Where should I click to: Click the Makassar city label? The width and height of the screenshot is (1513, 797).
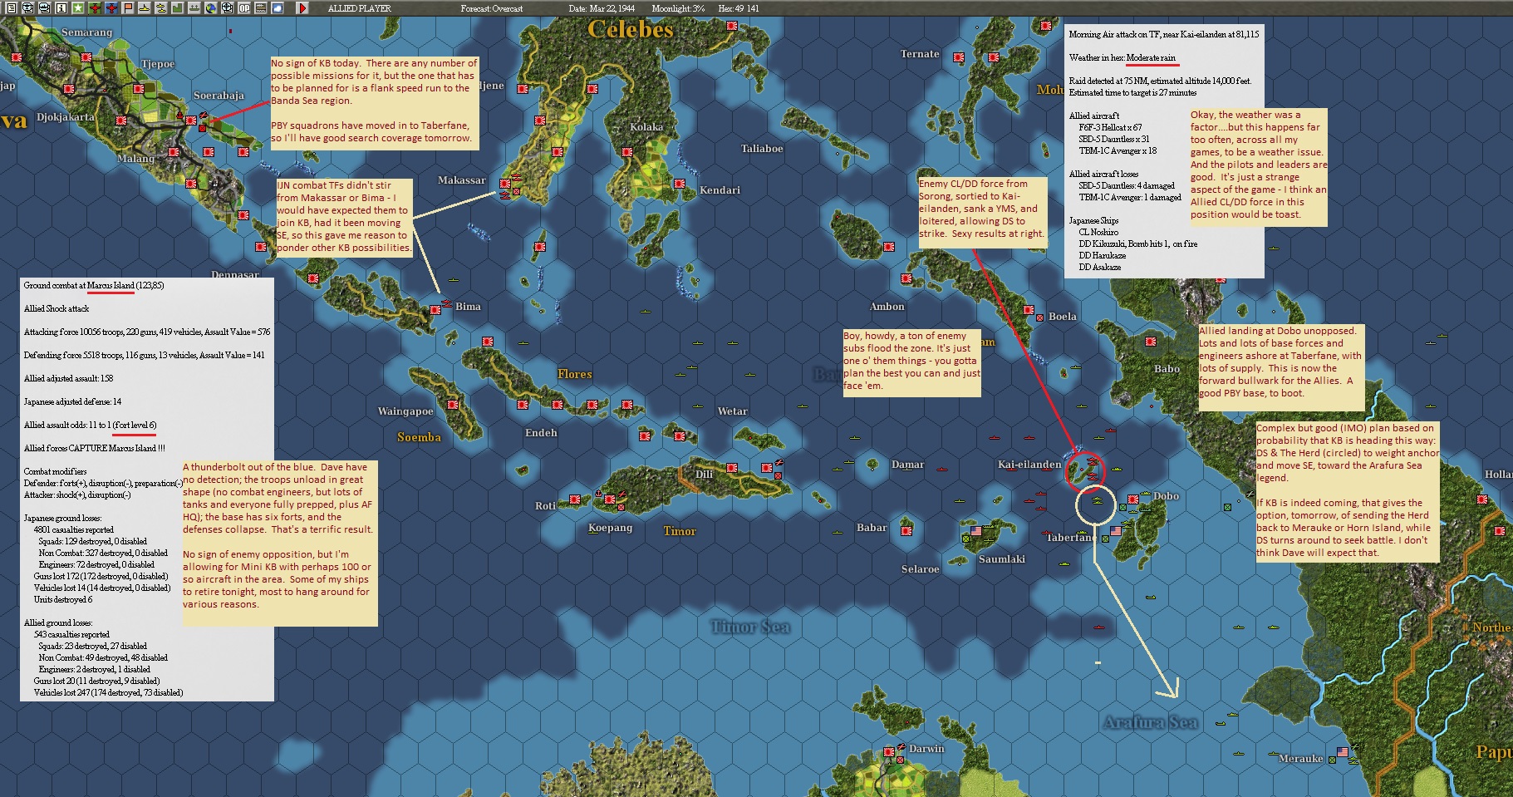[x=461, y=180]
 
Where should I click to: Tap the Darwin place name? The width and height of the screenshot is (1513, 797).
[x=926, y=749]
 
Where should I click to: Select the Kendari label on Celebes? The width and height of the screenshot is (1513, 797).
[x=720, y=190]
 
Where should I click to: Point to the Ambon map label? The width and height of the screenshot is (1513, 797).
[x=887, y=307]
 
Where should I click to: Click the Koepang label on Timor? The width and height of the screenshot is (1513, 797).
[x=610, y=528]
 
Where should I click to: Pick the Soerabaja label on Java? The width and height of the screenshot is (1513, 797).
[x=219, y=96]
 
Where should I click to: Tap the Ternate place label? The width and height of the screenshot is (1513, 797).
[x=920, y=54]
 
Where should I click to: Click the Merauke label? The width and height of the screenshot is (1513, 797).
[x=1301, y=759]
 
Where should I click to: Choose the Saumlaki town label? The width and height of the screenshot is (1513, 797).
[x=1001, y=559]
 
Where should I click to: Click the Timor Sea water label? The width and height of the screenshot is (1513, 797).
[x=750, y=627]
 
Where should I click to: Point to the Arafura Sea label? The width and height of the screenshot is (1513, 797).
[x=1150, y=722]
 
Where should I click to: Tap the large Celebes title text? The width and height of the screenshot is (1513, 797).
[x=630, y=30]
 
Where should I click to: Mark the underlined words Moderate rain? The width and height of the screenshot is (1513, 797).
[x=1151, y=57]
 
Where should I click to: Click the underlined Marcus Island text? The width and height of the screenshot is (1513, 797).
[x=111, y=285]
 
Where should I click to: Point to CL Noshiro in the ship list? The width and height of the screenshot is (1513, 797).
[x=1098, y=232]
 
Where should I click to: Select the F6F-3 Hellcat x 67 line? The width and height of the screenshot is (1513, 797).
[x=1110, y=127]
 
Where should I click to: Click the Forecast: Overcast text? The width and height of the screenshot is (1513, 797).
[x=492, y=8]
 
